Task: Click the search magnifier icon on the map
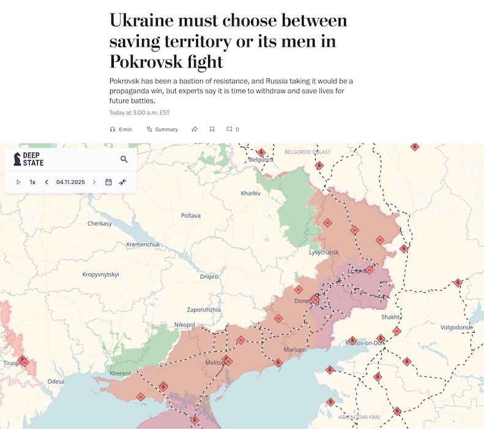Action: pos(124,159)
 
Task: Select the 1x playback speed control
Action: pos(32,182)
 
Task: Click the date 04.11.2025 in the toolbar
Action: pos(70,182)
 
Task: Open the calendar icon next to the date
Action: pos(108,182)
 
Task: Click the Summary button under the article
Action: pos(162,129)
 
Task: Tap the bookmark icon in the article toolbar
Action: pos(212,129)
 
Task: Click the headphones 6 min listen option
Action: pos(121,129)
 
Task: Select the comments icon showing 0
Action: pos(233,129)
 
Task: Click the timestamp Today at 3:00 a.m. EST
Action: pos(139,113)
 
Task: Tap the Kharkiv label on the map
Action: pos(251,193)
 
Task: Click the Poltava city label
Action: pos(190,215)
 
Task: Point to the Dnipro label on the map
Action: pos(209,276)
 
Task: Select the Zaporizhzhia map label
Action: pos(204,309)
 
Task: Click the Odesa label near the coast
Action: pos(56,381)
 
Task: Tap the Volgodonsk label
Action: pos(456,327)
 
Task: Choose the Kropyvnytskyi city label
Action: pos(100,274)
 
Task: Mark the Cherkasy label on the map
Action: pos(100,224)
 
